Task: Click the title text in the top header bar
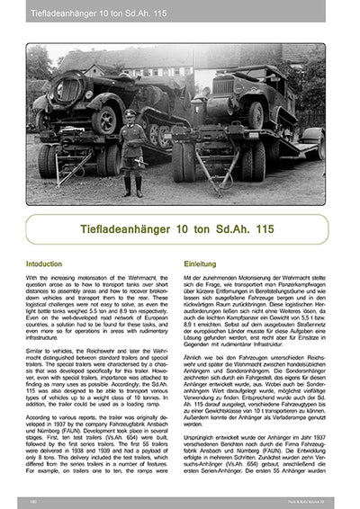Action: pos(86,13)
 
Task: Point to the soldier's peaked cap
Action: pos(131,114)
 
